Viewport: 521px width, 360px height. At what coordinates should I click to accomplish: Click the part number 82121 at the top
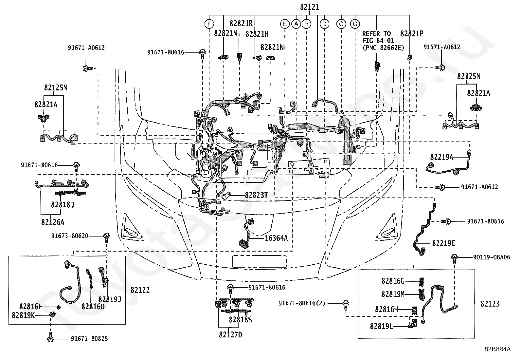(x=309, y=7)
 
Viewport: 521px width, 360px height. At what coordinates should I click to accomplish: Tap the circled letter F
(x=209, y=24)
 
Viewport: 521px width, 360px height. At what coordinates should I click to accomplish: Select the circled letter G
(x=355, y=24)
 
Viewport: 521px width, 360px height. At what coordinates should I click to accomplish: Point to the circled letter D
(x=324, y=24)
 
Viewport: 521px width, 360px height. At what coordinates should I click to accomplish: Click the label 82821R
(x=241, y=24)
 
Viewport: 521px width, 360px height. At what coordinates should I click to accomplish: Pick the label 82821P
(x=412, y=34)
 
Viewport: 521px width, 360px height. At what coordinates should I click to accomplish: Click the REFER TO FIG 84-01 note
(x=383, y=41)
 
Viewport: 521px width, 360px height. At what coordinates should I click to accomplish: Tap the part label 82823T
(x=256, y=195)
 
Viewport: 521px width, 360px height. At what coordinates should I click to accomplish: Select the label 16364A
(x=276, y=238)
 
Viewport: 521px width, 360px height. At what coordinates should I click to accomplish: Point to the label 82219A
(x=442, y=157)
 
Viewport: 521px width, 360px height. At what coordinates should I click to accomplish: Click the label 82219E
(x=443, y=243)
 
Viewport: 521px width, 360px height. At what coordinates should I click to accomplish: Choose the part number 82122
(x=140, y=290)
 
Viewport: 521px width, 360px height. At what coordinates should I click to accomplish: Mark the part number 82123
(x=490, y=304)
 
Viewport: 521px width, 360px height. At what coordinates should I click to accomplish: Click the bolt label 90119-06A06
(x=492, y=257)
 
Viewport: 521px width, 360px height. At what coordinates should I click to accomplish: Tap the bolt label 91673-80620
(x=70, y=236)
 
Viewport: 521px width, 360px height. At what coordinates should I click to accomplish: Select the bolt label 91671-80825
(x=89, y=339)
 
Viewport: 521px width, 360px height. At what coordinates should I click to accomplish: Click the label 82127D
(x=230, y=335)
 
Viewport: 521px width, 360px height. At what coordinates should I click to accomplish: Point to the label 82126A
(x=53, y=222)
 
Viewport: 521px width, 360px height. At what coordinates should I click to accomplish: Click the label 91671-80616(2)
(x=302, y=303)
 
